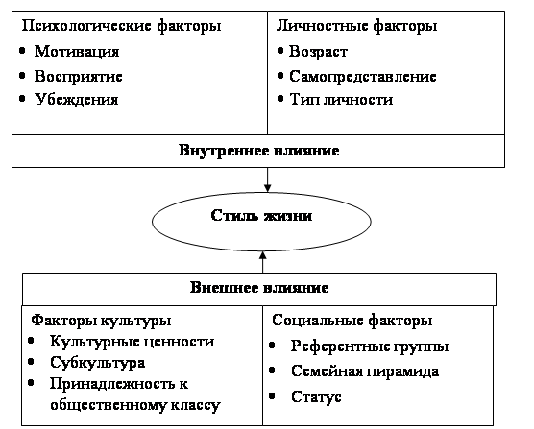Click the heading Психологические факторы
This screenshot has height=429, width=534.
tap(121, 26)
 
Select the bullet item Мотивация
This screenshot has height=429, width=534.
tap(77, 52)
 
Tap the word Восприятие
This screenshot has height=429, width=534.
tap(78, 77)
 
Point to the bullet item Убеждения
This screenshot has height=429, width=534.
tap(76, 100)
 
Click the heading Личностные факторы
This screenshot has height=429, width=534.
tap(356, 26)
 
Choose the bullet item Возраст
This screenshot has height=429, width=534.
tap(318, 52)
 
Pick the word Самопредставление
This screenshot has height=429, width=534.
tap(363, 77)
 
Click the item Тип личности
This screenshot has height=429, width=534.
tap(341, 100)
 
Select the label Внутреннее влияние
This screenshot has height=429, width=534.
tap(258, 151)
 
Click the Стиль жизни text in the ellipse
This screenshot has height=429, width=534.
tap(261, 215)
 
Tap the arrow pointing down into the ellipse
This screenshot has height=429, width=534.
tap(267, 179)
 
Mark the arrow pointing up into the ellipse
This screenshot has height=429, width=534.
tap(262, 262)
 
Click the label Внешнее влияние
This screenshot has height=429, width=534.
tap(259, 288)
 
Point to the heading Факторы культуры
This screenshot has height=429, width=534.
tap(101, 321)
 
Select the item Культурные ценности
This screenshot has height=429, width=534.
tap(133, 342)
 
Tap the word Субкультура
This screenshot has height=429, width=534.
tap(97, 363)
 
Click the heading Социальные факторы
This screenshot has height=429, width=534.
tap(352, 321)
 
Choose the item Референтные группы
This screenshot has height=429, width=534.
tap(370, 346)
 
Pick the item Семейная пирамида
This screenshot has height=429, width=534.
tap(365, 371)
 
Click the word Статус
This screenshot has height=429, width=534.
tap(316, 396)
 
